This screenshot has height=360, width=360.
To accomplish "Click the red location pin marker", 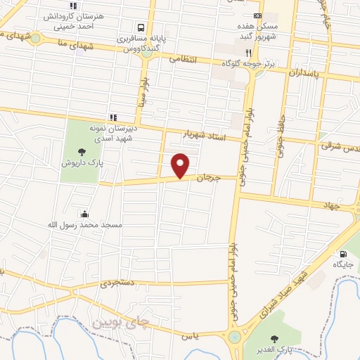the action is [x=181, y=166].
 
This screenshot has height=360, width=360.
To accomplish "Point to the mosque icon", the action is [x=85, y=214].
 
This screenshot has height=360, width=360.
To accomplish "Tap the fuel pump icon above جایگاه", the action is [x=342, y=254].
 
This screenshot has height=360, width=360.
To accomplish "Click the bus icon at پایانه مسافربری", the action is [x=141, y=28].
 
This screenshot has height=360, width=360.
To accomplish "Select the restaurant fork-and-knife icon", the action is [x=247, y=53].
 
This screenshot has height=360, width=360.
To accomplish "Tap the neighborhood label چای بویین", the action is [x=122, y=322].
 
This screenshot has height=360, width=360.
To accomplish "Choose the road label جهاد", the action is [x=331, y=207].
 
